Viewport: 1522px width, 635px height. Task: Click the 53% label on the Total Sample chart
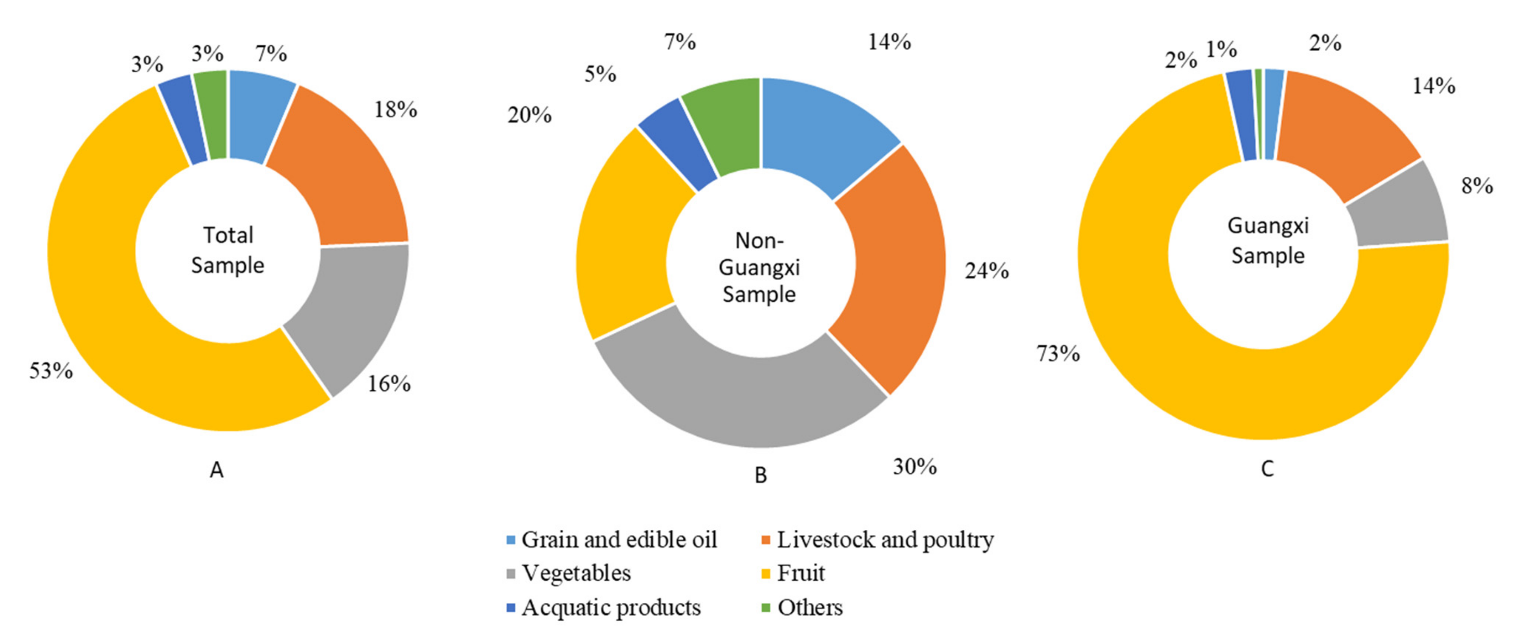[x=51, y=371]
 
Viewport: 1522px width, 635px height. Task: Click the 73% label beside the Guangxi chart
[x=1058, y=353]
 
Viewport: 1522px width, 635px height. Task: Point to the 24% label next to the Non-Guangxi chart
[x=987, y=270]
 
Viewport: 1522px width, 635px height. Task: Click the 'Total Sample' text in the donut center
[x=228, y=250]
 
